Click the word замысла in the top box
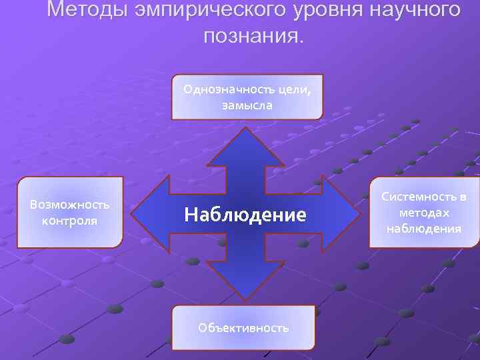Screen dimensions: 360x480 click(x=247, y=105)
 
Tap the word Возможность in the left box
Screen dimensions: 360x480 click(x=70, y=205)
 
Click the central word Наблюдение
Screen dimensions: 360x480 click(x=245, y=214)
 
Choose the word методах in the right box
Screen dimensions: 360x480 click(x=425, y=213)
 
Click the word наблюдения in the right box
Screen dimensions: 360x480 click(x=425, y=228)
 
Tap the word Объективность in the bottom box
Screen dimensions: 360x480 click(x=244, y=327)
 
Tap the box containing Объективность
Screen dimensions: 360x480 click(x=244, y=327)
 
